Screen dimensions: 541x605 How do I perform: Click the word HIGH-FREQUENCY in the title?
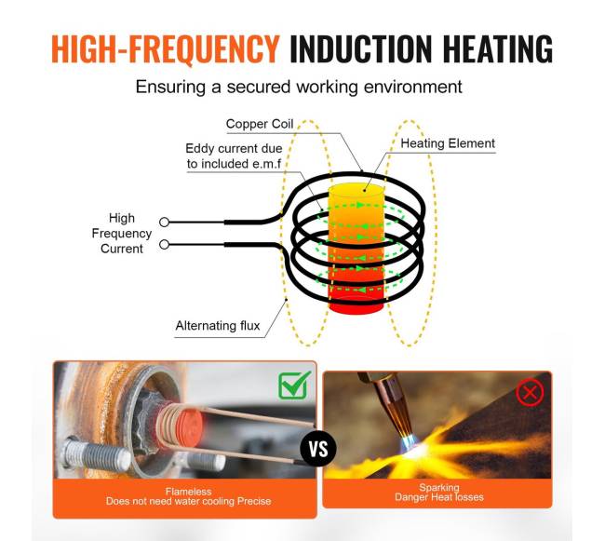pos(165,47)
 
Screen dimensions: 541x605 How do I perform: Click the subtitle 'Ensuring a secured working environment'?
pos(299,88)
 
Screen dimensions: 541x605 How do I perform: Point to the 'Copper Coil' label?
pos(260,124)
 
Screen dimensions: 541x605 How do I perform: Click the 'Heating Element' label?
pos(448,144)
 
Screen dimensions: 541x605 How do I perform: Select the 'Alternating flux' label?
pos(218,326)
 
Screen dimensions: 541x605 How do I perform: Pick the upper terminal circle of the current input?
pos(165,222)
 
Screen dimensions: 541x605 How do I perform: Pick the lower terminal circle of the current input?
pos(165,245)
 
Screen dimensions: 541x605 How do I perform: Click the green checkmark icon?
pos(294,385)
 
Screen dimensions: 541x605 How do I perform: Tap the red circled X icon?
pos(530,393)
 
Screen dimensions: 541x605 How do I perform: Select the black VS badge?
pos(318,451)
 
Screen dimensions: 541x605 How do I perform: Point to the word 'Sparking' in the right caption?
pos(437,488)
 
